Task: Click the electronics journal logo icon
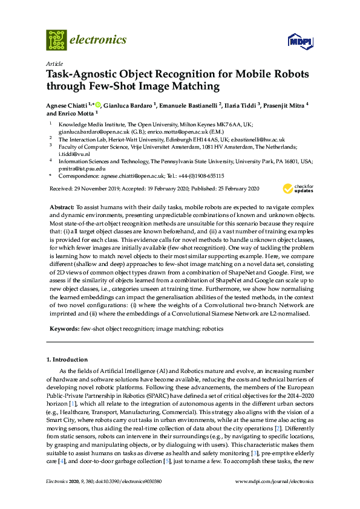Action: click(x=56, y=40)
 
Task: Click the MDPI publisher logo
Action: click(x=301, y=41)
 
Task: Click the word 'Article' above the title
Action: click(x=54, y=63)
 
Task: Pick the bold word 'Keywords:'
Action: click(x=64, y=329)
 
